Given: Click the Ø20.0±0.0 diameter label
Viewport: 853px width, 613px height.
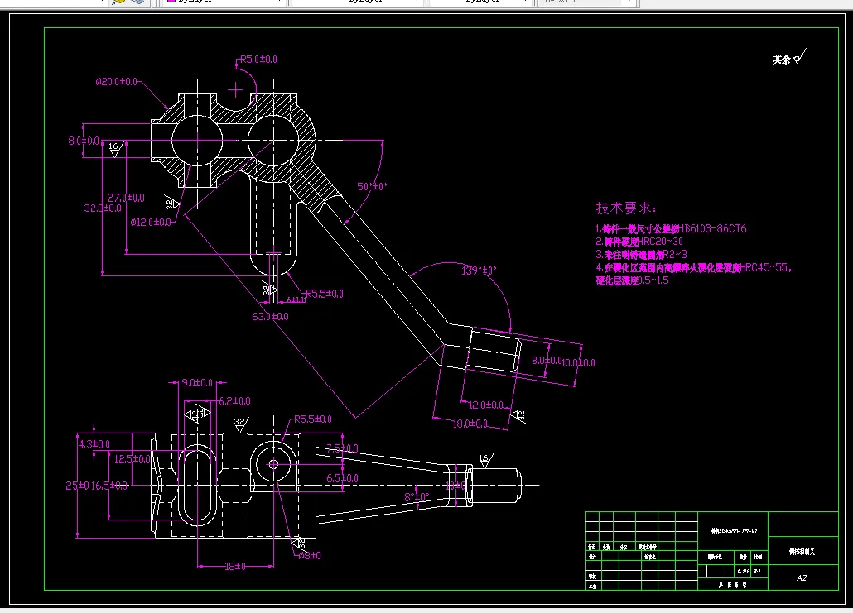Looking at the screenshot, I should click(117, 82).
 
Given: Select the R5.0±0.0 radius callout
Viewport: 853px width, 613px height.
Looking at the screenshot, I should click(258, 60).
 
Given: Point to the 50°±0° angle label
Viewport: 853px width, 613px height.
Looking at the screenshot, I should click(373, 186).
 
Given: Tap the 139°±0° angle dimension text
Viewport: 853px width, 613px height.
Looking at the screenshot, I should click(478, 271).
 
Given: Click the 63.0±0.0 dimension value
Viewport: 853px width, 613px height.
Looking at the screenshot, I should click(271, 316).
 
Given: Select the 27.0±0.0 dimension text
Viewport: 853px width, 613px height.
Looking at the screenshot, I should click(127, 198).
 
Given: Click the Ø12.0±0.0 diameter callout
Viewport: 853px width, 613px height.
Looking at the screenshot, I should click(151, 222).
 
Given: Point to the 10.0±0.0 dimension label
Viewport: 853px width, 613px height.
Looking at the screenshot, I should click(578, 362).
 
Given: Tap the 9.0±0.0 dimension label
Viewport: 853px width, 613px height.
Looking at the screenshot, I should click(197, 383).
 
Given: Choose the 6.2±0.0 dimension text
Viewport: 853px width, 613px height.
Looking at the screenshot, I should click(234, 401).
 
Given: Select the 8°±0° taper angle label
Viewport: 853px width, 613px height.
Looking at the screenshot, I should click(416, 496).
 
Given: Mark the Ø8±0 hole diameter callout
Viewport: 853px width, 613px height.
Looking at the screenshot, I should click(309, 555).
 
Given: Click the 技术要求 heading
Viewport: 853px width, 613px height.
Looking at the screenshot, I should click(626, 208).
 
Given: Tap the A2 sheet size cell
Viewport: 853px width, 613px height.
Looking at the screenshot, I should click(802, 577).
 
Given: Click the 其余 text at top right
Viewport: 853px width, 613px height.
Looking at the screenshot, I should click(782, 60).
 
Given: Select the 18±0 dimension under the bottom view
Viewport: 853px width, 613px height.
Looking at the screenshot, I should click(235, 566).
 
